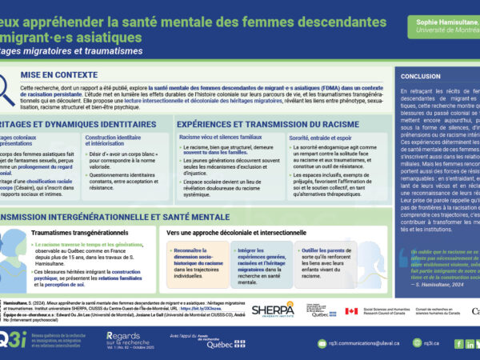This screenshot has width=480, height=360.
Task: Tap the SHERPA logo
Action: (273, 310)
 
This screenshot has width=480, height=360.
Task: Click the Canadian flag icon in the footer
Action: (351, 311)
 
